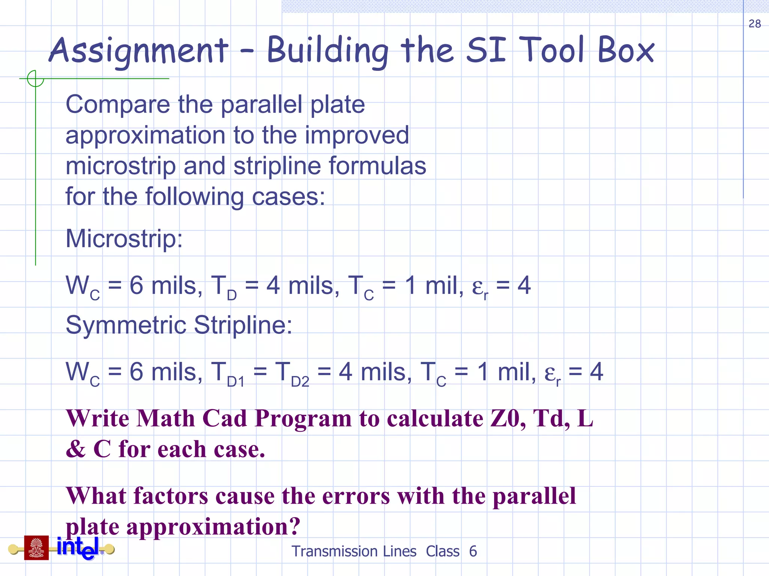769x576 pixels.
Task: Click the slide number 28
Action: point(754,24)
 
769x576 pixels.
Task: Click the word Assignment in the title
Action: point(139,51)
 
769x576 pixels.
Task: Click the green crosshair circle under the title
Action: point(35,79)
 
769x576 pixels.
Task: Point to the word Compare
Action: point(118,105)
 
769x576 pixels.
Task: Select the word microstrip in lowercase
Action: point(120,166)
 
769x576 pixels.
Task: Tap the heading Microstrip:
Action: point(124,238)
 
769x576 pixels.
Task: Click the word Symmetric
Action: point(126,325)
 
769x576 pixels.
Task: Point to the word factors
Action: point(170,496)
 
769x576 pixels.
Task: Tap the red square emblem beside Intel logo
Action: point(36,547)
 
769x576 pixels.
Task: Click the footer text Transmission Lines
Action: point(354,552)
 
